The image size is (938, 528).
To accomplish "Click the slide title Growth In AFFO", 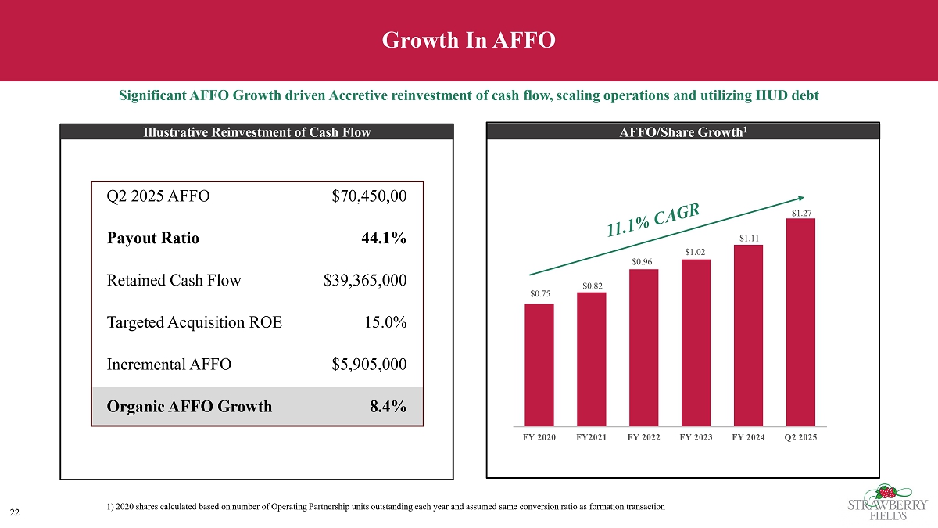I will [x=469, y=40].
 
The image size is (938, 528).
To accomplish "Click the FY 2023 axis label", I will [x=696, y=437].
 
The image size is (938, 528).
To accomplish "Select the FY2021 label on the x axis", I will [x=592, y=437].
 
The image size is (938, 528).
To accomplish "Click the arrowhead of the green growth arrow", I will [x=800, y=198].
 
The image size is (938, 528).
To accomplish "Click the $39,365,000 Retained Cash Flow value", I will [x=365, y=280].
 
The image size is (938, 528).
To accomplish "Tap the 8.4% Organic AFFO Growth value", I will [x=387, y=406].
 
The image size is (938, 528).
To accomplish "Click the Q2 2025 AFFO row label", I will [x=158, y=196].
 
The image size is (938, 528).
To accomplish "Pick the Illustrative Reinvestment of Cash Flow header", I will [x=257, y=132].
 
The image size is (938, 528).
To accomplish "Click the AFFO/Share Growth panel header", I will [x=683, y=132].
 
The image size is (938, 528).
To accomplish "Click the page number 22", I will [x=14, y=512].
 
